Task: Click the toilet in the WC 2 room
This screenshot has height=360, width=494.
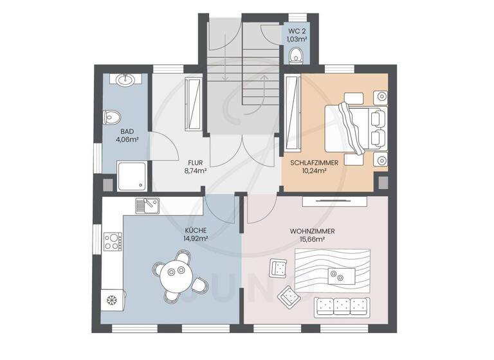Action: (x=297, y=55)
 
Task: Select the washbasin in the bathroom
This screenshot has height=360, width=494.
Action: (x=125, y=80)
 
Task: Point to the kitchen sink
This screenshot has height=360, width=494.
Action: (x=147, y=206)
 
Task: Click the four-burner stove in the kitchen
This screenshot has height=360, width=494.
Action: (x=112, y=241)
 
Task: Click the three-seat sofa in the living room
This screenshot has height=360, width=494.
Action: (x=341, y=306)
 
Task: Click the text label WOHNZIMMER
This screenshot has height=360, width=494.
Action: (x=312, y=231)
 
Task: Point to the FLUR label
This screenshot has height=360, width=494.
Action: (x=196, y=163)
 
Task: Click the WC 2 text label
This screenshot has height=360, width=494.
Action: (x=297, y=30)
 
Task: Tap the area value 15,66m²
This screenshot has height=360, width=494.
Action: (x=312, y=239)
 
